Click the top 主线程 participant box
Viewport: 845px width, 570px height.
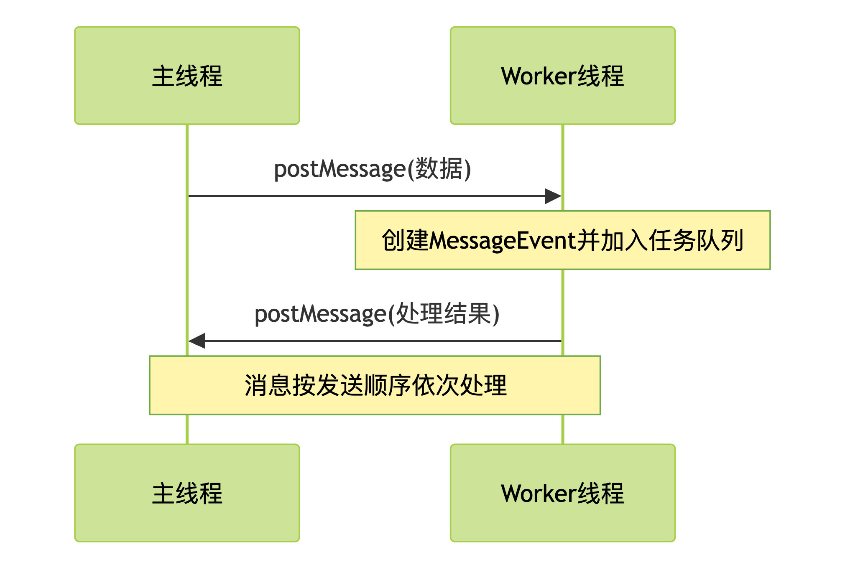187,76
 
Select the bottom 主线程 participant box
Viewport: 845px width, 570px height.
187,493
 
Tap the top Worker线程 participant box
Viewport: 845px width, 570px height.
562,76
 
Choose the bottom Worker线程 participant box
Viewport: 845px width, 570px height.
562,493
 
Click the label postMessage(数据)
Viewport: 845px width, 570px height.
372,169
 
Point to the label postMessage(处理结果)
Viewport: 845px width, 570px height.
377,314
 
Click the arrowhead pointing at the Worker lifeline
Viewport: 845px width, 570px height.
553,196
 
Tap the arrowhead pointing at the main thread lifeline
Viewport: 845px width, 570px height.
197,341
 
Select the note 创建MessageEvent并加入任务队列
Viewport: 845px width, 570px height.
562,240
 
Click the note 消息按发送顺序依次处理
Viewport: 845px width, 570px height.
375,385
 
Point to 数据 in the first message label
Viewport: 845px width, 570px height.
439,169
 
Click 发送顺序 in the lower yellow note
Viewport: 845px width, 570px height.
363,385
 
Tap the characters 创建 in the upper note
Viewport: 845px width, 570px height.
405,241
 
